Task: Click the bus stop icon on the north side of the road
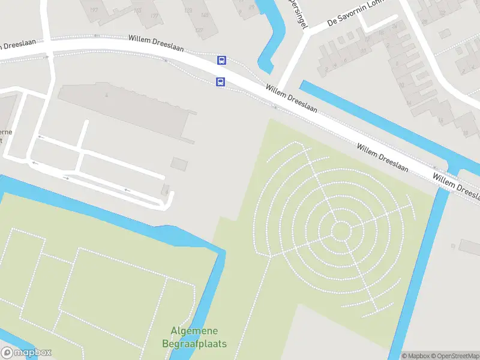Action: [221, 60]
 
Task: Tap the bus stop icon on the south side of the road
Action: [221, 82]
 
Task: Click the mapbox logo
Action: [26, 353]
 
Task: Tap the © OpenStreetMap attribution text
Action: [454, 356]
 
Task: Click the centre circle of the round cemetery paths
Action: [341, 231]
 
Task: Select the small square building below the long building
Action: [179, 163]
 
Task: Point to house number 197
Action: [94, 10]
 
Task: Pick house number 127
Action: [199, 30]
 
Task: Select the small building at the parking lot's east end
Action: [165, 190]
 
